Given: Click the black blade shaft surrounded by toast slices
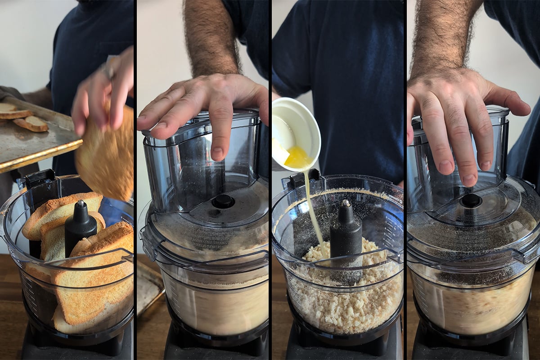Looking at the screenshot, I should pos(80,227).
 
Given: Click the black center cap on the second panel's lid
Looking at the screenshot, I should pos(223,201).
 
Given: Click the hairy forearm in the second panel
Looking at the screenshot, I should pos(211,36).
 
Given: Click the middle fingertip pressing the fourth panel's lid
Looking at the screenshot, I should pos(468,178).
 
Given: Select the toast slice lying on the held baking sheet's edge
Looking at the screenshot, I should pos(31,124).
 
